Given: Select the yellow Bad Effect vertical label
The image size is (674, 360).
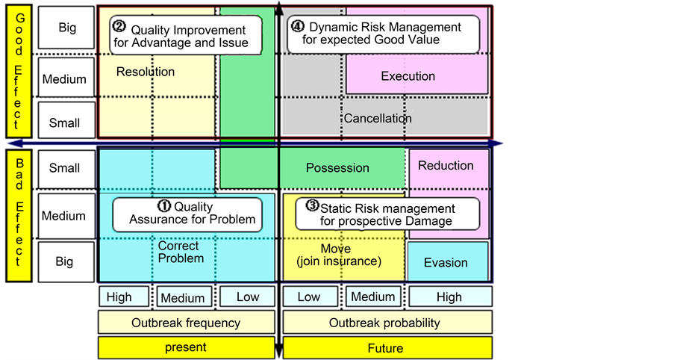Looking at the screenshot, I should point(19,215).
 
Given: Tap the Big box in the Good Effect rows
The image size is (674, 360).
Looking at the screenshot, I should point(67,28).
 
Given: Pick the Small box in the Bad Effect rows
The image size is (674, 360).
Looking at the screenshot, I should point(64,168).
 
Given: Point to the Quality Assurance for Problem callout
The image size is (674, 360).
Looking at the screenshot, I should point(187,214).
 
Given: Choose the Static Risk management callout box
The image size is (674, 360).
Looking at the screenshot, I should point(386,214).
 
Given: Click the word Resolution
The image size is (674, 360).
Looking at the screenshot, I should point(146,72).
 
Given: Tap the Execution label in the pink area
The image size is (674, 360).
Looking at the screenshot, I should point(408,76).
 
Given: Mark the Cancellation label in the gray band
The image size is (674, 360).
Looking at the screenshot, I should point(377,118).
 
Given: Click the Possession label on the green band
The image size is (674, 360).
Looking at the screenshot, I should point(337,168).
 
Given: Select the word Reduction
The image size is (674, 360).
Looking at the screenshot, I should point(446,165).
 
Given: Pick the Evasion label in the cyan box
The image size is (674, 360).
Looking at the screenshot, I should point(446,263).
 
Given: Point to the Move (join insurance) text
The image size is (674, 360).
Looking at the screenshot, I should point(337,254).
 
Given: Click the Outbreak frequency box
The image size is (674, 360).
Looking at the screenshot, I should point(186,323).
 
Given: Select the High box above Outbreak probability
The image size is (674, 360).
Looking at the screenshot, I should point(449,297).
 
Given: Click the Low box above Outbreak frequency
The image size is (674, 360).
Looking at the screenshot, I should point(248,297).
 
